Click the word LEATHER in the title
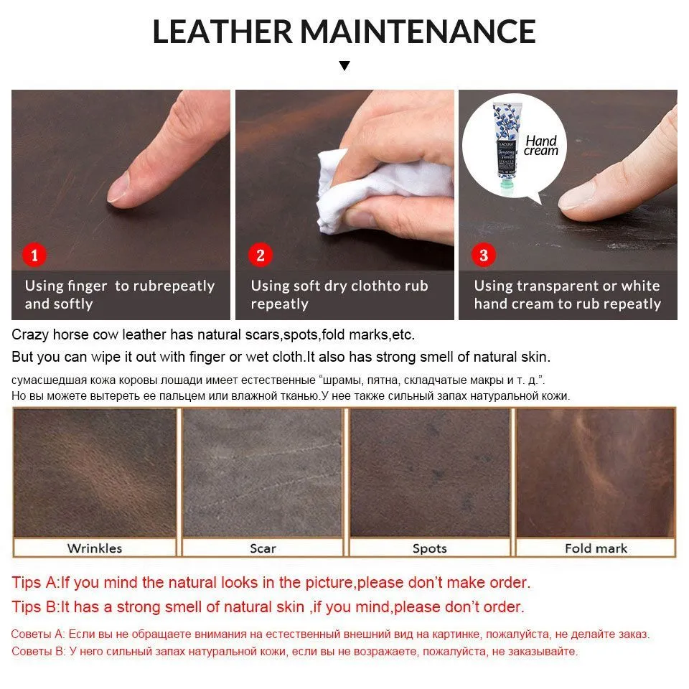click(222, 32)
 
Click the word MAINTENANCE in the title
click(418, 32)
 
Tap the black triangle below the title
click(344, 65)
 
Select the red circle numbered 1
click(34, 255)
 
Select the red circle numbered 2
click(260, 255)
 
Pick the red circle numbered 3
click(483, 255)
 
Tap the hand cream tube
click(507, 147)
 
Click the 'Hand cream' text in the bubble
click(541, 146)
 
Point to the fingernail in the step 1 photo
click(118, 188)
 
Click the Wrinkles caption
click(95, 548)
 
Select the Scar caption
click(263, 548)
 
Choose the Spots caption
click(429, 548)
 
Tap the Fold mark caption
click(596, 548)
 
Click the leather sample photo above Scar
click(263, 473)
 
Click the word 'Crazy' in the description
click(30, 335)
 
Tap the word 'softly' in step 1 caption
click(73, 304)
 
